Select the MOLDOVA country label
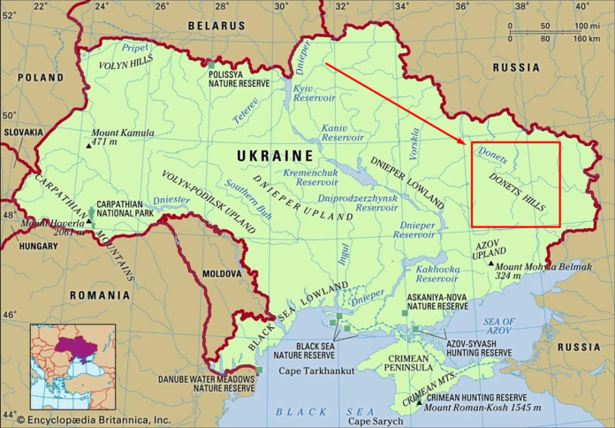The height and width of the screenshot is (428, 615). tap(220, 274)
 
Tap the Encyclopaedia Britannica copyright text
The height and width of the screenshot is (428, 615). tap(87, 420)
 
